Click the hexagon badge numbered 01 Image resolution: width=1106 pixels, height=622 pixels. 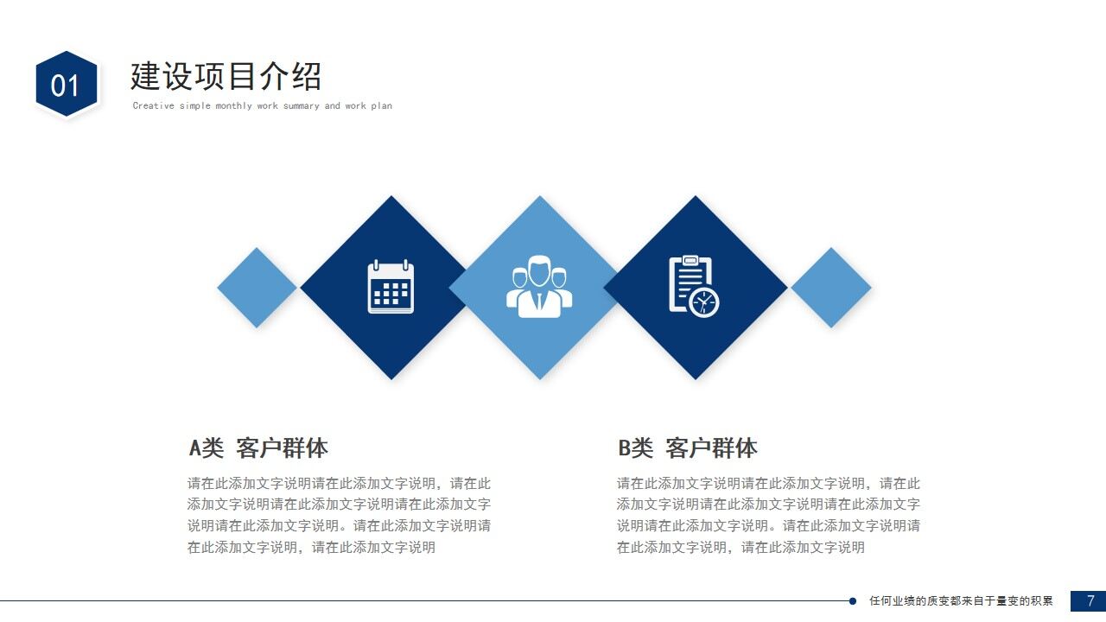click(66, 85)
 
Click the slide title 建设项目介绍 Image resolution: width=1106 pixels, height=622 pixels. click(226, 76)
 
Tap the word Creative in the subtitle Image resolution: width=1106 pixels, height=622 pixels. click(154, 106)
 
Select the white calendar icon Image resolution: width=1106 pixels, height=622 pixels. click(391, 287)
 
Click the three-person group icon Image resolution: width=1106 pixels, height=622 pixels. click(539, 286)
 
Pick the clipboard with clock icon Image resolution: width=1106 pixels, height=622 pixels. click(694, 286)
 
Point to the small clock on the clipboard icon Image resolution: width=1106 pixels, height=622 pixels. click(704, 302)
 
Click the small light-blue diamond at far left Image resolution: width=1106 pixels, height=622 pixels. click(257, 288)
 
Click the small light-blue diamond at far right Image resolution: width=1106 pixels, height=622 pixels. click(830, 288)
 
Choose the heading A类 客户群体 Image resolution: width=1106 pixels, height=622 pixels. click(258, 448)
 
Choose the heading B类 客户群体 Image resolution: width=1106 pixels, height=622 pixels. click(687, 448)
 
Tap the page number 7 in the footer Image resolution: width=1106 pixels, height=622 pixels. click(1090, 600)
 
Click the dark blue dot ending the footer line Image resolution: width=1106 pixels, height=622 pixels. click(853, 601)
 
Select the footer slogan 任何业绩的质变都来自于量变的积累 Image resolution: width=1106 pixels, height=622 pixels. click(961, 601)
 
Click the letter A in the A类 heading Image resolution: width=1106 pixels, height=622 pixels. click(195, 448)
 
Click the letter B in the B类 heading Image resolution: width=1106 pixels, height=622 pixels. click(624, 448)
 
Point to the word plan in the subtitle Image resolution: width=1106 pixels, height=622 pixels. click(381, 106)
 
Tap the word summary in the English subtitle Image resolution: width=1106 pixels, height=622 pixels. click(301, 106)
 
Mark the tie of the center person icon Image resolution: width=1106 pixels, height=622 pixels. click(540, 301)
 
